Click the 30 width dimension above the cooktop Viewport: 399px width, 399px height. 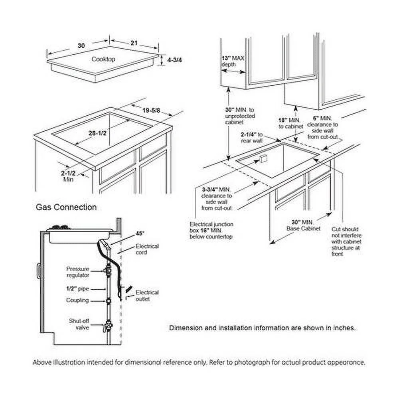81,45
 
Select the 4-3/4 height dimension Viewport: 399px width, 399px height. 175,60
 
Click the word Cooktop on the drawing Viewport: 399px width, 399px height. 103,59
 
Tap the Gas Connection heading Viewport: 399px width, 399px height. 66,207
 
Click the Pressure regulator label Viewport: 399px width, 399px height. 78,272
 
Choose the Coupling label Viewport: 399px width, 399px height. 78,300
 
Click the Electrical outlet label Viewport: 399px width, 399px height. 147,295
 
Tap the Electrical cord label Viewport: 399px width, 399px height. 147,249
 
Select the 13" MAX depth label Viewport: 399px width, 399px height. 233,61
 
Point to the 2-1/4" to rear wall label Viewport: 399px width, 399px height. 252,137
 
